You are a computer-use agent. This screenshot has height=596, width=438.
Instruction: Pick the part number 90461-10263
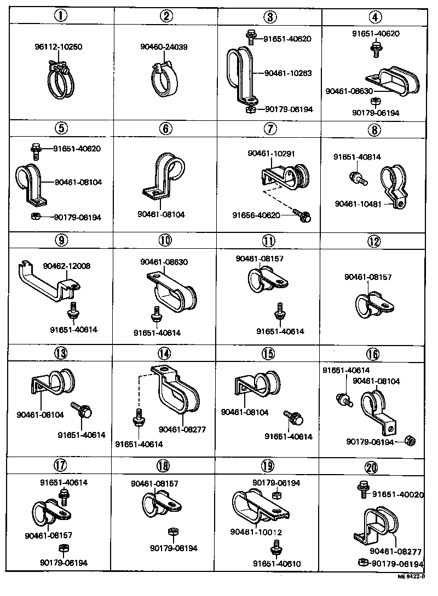(x=288, y=73)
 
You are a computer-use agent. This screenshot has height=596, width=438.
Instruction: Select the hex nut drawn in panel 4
(x=376, y=102)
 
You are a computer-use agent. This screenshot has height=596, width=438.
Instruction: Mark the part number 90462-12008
(x=67, y=266)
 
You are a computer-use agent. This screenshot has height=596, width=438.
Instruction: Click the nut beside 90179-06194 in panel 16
(x=409, y=441)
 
